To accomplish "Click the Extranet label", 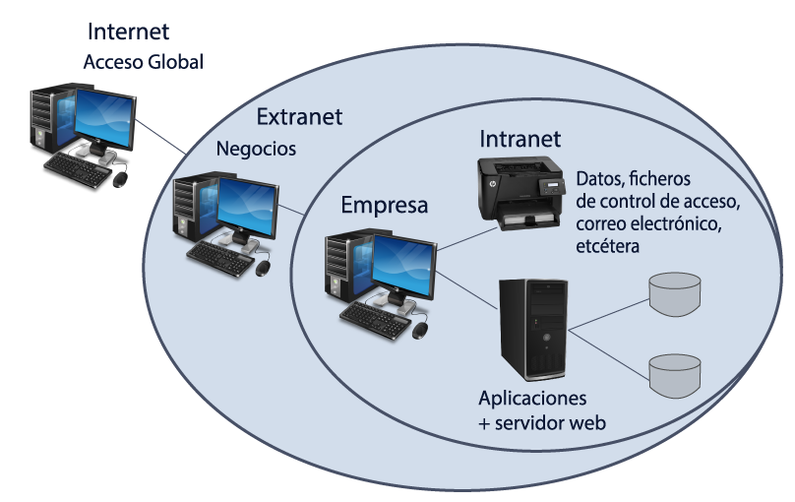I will point(299,117).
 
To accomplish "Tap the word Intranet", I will point(520,139).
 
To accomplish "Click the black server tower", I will point(532,329).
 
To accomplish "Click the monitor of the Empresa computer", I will point(404,269).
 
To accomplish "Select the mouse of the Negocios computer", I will point(263,268).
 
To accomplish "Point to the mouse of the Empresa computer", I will point(420,329).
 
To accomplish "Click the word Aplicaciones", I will point(532,399).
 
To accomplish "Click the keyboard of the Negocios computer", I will point(220,258).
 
